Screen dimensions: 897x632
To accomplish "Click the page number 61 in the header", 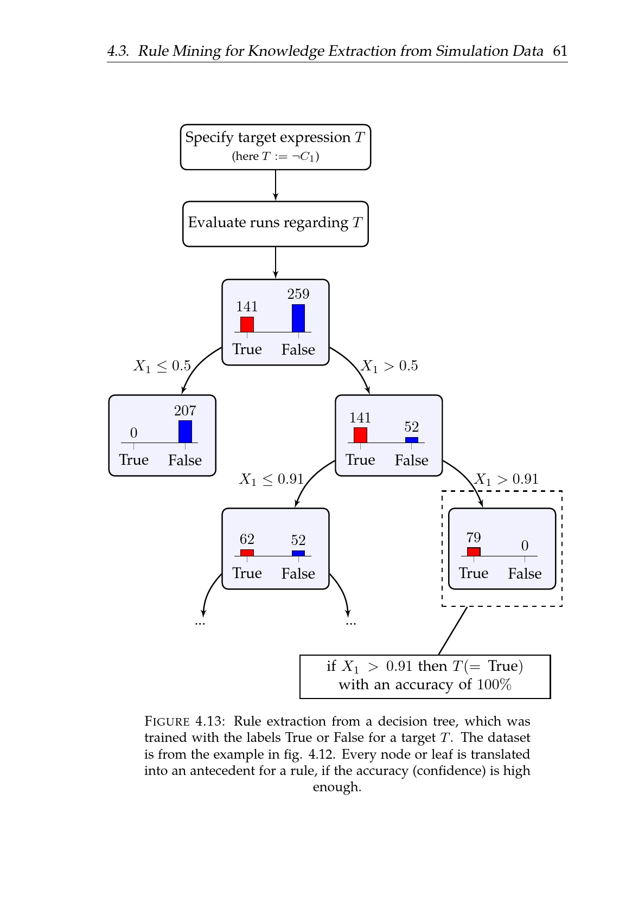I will click(x=560, y=51).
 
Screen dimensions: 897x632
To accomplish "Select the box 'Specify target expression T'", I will click(x=276, y=147).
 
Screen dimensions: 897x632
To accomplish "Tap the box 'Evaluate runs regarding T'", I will click(x=276, y=223).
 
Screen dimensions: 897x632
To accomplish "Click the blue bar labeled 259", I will click(x=298, y=318).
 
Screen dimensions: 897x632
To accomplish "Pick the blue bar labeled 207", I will click(x=185, y=431).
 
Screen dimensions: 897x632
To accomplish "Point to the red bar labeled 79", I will click(x=474, y=552).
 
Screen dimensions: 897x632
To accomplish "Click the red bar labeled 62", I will click(x=247, y=553).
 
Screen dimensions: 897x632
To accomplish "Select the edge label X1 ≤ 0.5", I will click(x=162, y=366).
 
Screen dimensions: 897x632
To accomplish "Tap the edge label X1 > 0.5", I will click(x=390, y=366).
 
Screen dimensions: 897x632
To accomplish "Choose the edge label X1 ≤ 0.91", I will click(x=271, y=479).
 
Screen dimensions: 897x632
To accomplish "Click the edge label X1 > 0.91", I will click(x=507, y=479).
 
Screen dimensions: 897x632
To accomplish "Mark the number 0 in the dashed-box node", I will click(x=525, y=546).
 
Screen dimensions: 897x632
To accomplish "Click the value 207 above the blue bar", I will click(x=185, y=411).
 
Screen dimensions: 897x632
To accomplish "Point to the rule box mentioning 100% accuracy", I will click(x=425, y=676).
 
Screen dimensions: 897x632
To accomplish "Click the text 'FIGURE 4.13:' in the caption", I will click(x=184, y=721).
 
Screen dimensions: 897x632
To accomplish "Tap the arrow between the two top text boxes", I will click(x=276, y=185).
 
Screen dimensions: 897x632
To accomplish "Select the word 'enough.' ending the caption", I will click(x=337, y=787).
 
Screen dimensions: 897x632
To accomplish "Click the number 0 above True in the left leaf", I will click(x=133, y=433).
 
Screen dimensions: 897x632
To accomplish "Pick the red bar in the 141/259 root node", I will click(x=247, y=324).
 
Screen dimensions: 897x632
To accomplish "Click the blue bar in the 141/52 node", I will click(x=412, y=440).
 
